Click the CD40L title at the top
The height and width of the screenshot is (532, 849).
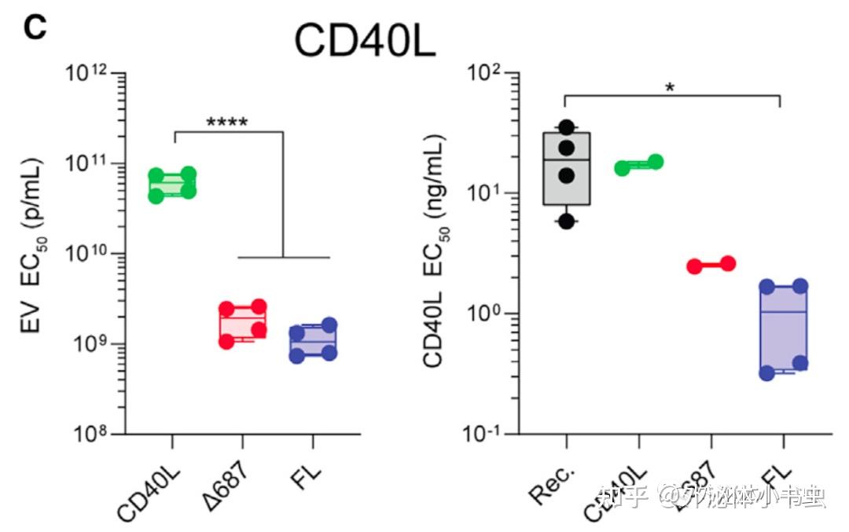pos(365,39)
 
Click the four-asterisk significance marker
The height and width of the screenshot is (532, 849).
pos(226,123)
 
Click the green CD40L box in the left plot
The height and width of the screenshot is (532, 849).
pos(172,185)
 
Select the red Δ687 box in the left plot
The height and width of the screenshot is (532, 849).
pos(242,323)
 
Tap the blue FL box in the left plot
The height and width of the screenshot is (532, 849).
pos(312,340)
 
